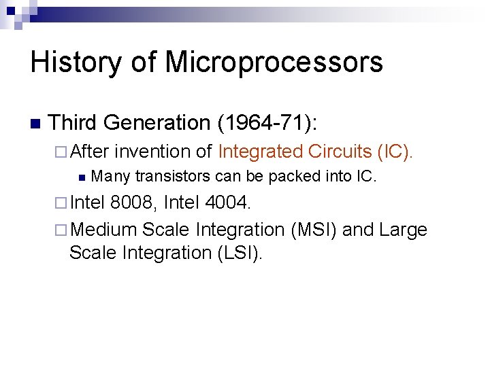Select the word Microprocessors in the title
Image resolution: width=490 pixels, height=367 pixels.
coord(274,63)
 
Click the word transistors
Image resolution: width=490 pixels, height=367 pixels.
coord(173,177)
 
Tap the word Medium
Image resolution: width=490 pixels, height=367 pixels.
coord(103,229)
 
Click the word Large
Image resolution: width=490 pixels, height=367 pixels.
coord(404,229)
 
